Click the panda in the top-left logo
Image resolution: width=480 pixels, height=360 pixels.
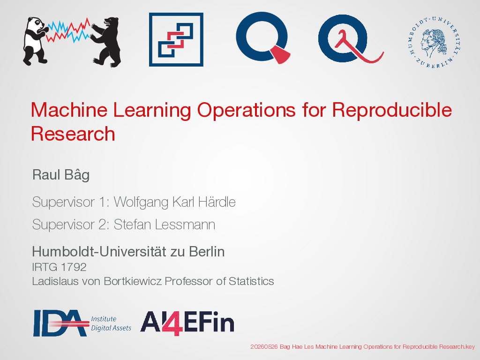34,41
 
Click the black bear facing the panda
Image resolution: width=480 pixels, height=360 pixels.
107,42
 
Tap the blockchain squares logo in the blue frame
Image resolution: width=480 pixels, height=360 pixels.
176,39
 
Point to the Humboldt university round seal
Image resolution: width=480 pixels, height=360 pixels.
435,42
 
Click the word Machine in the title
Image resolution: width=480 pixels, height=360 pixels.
69,110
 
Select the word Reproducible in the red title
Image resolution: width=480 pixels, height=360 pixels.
392,110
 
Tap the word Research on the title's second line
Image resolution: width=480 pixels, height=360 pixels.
73,134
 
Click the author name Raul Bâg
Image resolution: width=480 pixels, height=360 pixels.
61,175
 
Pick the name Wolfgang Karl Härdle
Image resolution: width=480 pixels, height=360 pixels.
174,202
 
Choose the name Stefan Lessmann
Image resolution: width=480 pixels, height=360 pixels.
165,225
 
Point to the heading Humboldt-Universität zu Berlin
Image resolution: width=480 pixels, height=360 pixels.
128,252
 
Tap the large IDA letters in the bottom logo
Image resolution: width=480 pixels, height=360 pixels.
60,323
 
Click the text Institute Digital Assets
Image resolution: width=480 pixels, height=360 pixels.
111,323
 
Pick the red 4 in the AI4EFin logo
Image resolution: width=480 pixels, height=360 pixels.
172,323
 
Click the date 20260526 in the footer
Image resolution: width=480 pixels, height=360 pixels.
264,347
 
